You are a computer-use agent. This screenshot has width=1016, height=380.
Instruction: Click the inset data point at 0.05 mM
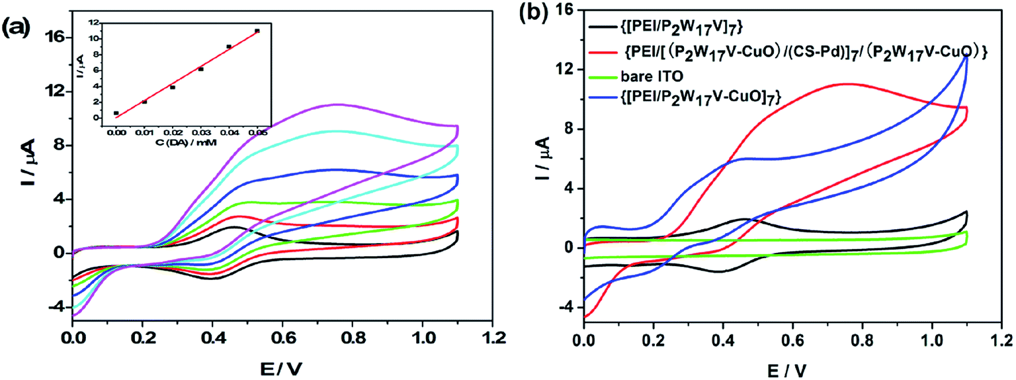[x=257, y=30]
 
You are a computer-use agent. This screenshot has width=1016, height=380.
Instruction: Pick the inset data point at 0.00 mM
[x=116, y=113]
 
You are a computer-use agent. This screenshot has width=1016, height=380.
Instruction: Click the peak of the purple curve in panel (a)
[x=338, y=104]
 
